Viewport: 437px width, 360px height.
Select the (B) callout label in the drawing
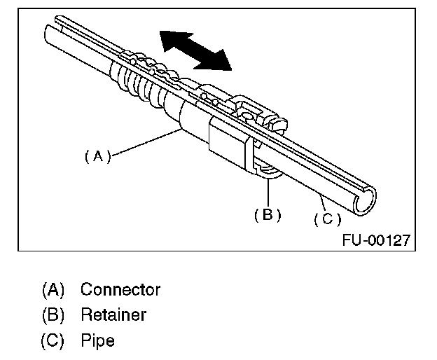[x=267, y=215]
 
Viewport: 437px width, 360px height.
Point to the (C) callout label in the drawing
[x=326, y=219]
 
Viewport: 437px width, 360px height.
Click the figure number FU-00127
[x=376, y=240]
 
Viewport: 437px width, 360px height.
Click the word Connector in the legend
[x=120, y=289]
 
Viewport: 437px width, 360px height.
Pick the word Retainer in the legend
[x=113, y=314]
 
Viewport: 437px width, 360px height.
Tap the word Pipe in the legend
[x=97, y=340]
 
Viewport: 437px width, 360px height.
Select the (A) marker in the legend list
[x=53, y=289]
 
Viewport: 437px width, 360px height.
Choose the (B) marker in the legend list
[x=53, y=314]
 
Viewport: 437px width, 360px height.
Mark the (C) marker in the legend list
[x=53, y=340]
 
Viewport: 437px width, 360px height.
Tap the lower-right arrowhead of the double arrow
[x=220, y=62]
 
